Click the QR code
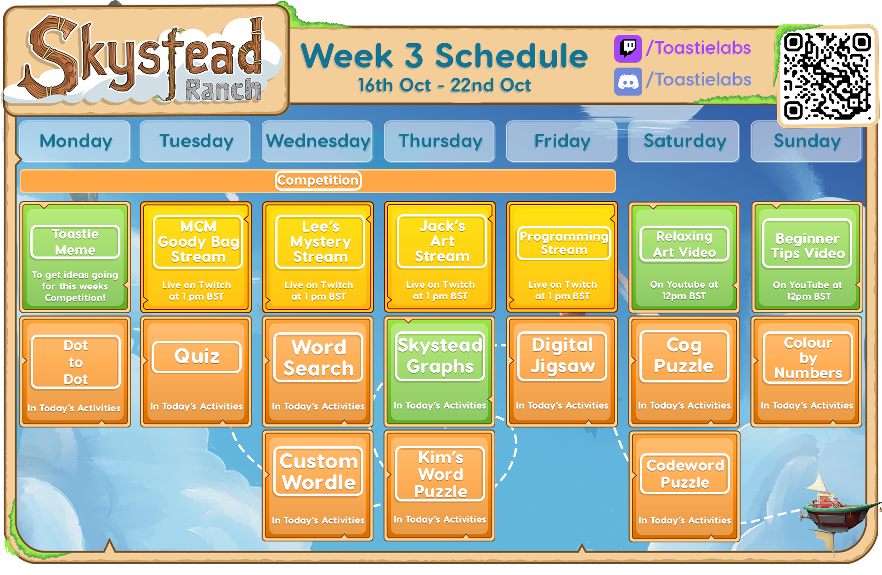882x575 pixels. [827, 76]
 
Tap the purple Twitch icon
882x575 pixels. [628, 49]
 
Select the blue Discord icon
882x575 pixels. [628, 81]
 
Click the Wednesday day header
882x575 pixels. [317, 141]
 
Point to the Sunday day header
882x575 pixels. [807, 141]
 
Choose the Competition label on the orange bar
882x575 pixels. [318, 180]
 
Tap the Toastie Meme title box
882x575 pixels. [75, 242]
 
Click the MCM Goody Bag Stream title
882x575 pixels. [198, 242]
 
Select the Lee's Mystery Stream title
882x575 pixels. [320, 242]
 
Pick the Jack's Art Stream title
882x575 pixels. [442, 241]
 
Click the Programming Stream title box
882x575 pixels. [564, 243]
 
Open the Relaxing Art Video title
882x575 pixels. [684, 244]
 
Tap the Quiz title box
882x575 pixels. [197, 357]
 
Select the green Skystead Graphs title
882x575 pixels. [440, 356]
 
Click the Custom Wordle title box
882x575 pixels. [318, 472]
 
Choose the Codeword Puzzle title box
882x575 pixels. [685, 474]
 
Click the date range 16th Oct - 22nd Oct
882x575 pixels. [444, 85]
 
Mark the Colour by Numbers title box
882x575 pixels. [808, 358]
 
